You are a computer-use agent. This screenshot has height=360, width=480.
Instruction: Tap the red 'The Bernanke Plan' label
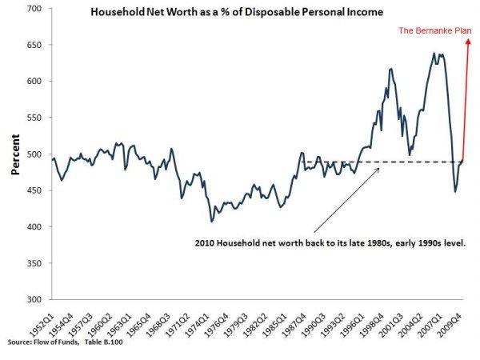point(435,31)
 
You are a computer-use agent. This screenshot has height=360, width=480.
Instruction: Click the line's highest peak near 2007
point(434,54)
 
